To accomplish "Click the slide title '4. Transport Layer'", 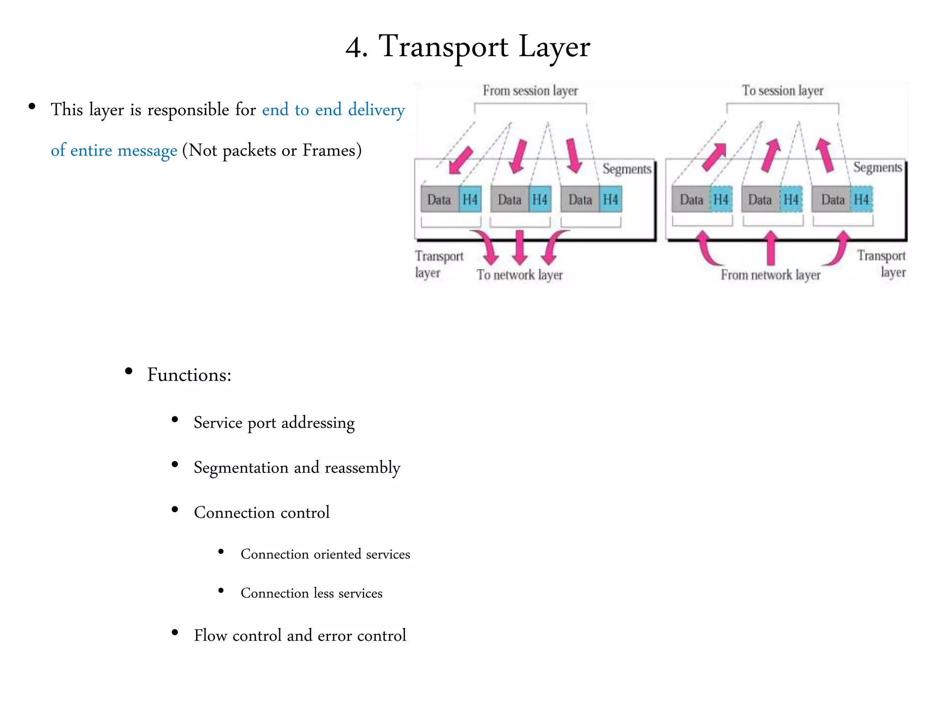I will pos(468,47).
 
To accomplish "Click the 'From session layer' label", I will pos(530,90).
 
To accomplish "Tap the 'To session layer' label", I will pos(782,90).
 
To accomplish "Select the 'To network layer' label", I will pos(520,275).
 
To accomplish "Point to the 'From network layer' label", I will pos(771,275).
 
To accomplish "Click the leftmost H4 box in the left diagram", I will pos(470,199).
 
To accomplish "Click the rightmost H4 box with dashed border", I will pos(862,199).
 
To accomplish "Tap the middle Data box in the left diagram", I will pos(510,199).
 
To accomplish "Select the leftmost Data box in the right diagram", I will pos(691,199).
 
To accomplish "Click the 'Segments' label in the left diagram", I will pos(627,169).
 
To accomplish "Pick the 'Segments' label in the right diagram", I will pos(877,167).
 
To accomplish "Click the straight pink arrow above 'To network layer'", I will pos(520,247).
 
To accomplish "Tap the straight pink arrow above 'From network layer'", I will pos(771,247).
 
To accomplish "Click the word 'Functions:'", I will pos(189,375).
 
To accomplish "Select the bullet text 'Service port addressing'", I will pos(274,423).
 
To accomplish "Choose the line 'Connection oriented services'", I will pos(325,554).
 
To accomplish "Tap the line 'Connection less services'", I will pos(311,593).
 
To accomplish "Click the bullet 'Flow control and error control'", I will pos(300,635).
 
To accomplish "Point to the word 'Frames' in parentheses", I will pos(329,150).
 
